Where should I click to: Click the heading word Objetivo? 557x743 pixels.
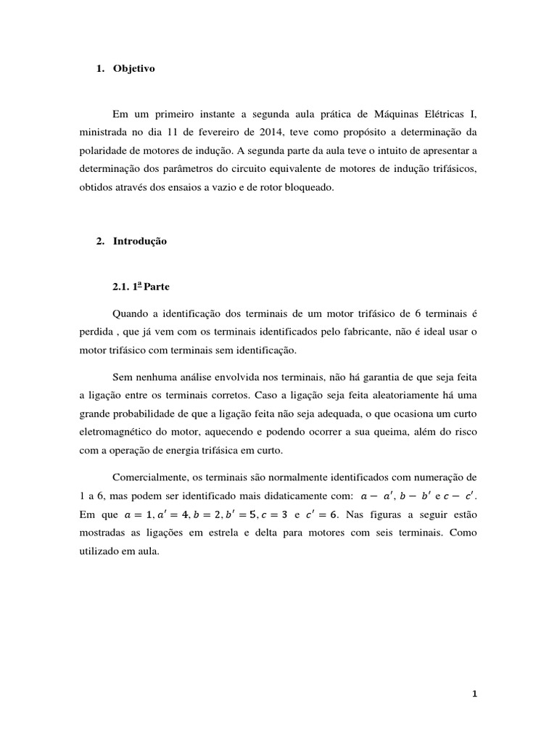click(134, 69)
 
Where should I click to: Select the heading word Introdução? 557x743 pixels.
click(140, 241)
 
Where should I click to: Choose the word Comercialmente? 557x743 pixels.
click(154, 477)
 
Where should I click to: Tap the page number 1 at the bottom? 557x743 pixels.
click(474, 694)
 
